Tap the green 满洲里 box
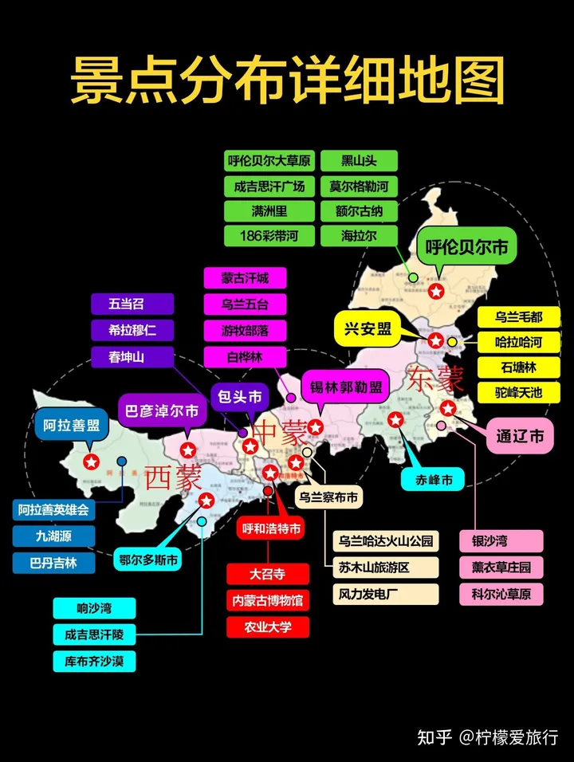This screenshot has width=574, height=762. [268, 211]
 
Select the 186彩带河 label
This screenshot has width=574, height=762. [268, 236]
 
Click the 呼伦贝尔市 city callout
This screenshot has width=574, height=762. [466, 247]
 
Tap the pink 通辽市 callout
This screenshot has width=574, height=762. [520, 437]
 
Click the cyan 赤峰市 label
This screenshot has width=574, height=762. [433, 479]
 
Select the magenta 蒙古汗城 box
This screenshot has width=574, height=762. [245, 277]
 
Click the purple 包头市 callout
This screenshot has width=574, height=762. [241, 395]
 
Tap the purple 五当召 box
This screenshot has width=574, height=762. [132, 304]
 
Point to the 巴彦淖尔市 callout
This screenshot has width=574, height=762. [163, 412]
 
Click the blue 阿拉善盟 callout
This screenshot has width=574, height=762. [72, 425]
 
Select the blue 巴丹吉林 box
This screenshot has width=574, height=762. [54, 563]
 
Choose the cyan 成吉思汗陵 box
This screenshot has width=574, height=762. [94, 634]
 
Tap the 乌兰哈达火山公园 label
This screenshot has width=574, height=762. [386, 542]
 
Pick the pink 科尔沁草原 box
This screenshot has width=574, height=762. [501, 593]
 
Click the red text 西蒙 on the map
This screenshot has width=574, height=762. [175, 477]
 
